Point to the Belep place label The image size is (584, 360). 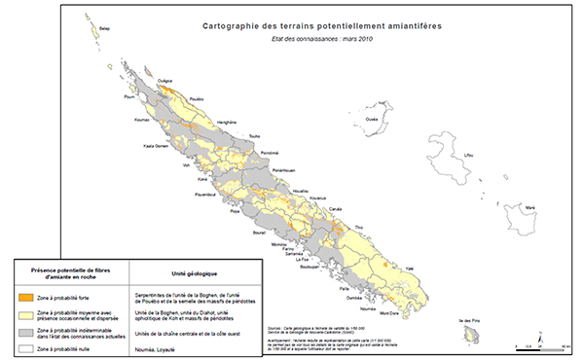tap(105, 29)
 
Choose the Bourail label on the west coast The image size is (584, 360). tap(258, 234)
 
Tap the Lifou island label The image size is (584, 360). tap(469, 155)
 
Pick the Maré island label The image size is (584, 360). tap(529, 206)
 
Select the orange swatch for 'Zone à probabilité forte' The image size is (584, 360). tap(28, 299)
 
